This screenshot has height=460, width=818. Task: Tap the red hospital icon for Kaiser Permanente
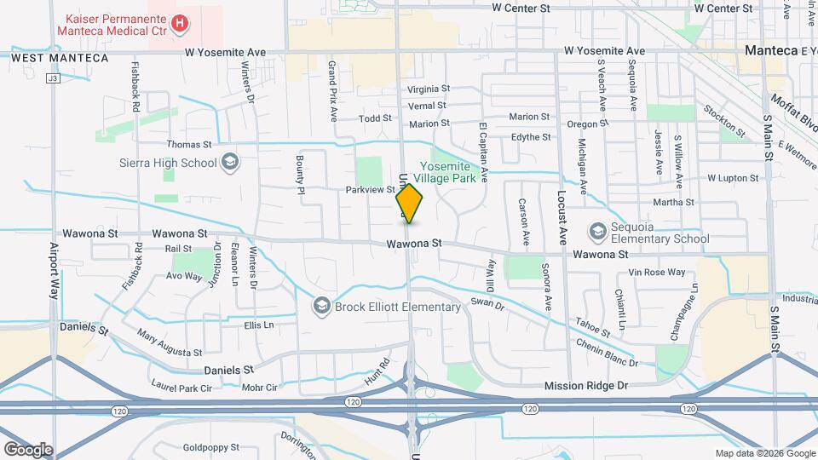(180, 24)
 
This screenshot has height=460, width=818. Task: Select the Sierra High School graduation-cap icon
(229, 162)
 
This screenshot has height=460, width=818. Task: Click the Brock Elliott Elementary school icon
(321, 305)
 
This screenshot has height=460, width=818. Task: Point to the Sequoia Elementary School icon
(598, 232)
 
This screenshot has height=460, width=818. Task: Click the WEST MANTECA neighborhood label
(60, 58)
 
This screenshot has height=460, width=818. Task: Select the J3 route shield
(53, 78)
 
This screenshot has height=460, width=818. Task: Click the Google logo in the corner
(28, 449)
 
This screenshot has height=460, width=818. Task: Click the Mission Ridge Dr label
(585, 386)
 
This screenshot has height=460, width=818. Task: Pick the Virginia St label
(428, 89)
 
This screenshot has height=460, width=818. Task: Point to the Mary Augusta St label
(170, 344)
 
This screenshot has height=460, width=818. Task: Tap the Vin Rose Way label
(656, 273)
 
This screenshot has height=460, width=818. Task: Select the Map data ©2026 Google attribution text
(764, 453)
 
